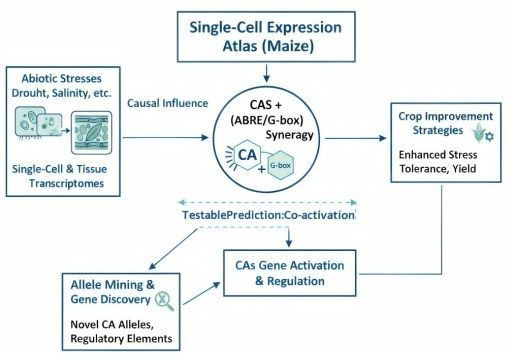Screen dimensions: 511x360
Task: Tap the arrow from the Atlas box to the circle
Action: tap(266, 73)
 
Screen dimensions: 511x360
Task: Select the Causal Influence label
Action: tap(168, 103)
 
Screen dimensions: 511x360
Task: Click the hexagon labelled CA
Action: tap(247, 155)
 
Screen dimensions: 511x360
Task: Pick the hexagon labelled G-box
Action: tap(281, 165)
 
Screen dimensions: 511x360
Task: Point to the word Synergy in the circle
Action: tap(289, 135)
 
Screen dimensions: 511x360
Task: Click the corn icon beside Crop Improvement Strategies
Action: tap(478, 132)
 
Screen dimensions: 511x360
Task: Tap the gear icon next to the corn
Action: tap(489, 136)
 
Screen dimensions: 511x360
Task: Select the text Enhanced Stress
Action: tap(438, 155)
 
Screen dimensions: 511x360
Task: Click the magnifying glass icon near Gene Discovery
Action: tap(165, 300)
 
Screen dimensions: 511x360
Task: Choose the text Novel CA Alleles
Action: tap(112, 324)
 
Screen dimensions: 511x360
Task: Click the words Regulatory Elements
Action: tap(121, 339)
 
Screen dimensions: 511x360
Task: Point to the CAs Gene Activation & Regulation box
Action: tap(289, 273)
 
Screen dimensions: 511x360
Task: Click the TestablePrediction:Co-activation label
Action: tap(269, 215)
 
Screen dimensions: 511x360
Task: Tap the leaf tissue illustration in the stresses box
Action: tap(92, 133)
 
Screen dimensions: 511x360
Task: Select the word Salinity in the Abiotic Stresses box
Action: tap(70, 93)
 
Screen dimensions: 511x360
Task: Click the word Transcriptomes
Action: tap(66, 183)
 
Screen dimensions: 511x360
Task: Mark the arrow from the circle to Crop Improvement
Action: tap(355, 138)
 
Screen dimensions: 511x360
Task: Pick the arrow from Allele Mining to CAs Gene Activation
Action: tap(202, 293)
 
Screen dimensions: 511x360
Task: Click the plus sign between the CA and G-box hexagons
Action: tap(262, 169)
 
